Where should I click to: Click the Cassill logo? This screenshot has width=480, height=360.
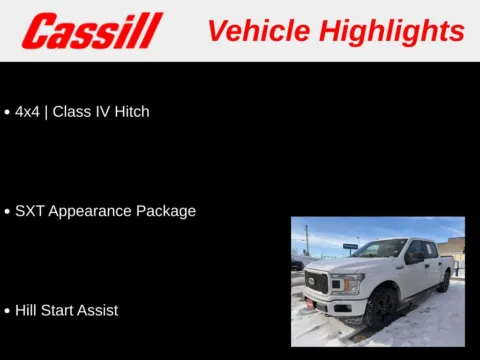[x=92, y=31]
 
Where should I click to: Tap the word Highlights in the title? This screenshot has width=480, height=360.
[x=391, y=31]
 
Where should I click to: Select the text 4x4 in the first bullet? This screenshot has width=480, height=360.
[x=27, y=112]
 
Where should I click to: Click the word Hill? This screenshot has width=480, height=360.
[x=26, y=310]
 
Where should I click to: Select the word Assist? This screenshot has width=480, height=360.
[x=98, y=310]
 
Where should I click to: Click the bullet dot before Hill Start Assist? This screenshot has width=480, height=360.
[x=8, y=311]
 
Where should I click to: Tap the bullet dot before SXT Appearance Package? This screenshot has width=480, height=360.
[x=8, y=212]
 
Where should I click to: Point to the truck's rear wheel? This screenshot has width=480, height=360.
[x=444, y=281]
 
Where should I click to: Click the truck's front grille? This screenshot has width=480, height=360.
[x=317, y=283]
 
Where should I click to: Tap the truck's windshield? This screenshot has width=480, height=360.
[x=381, y=249]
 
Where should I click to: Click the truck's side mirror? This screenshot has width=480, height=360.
[x=411, y=258]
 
